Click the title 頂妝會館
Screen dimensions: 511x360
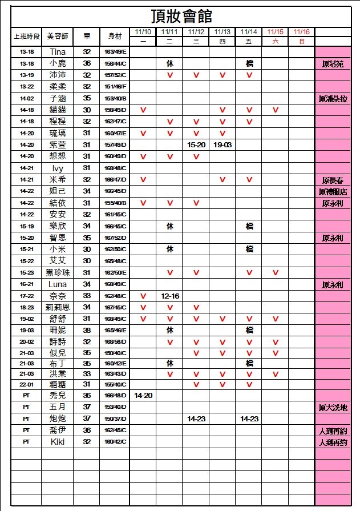(x=182, y=15)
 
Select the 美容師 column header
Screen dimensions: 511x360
(x=58, y=36)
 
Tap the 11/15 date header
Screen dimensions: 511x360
(x=276, y=32)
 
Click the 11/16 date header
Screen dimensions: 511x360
(x=301, y=32)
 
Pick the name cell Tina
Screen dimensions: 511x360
(x=58, y=52)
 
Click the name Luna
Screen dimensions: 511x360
(x=58, y=284)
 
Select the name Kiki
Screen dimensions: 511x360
(x=58, y=442)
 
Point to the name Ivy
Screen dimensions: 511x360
(x=58, y=168)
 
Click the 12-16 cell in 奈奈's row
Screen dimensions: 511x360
(x=170, y=296)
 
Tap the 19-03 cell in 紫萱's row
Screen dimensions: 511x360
(x=223, y=145)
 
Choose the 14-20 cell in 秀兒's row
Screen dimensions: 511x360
(x=143, y=395)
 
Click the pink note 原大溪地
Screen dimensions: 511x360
(x=333, y=408)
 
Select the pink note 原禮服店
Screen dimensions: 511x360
(x=333, y=192)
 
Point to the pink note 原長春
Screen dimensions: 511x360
(x=333, y=180)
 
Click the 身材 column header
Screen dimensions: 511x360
(x=115, y=36)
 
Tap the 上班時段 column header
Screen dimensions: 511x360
(x=26, y=36)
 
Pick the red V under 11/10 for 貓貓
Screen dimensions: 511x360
(x=143, y=110)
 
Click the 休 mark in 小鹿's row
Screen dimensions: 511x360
(x=170, y=63)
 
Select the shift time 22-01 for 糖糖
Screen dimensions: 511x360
(x=26, y=384)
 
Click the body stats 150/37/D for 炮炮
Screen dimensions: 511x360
(x=115, y=419)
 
